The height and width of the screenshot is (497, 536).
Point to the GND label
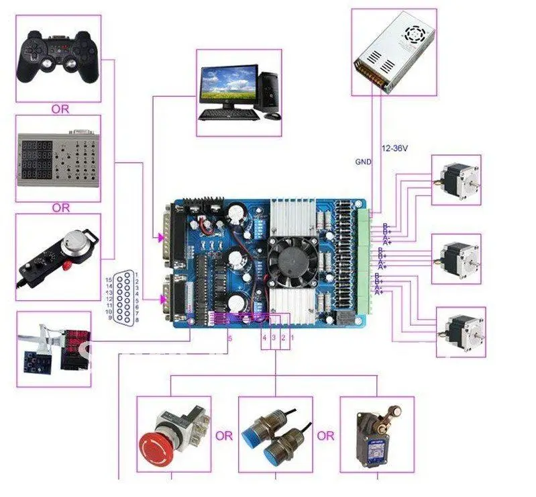(363, 162)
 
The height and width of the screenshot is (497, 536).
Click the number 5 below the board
(229, 339)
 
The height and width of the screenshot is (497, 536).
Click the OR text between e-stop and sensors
(224, 436)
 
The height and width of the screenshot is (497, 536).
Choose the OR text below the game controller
(60, 109)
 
